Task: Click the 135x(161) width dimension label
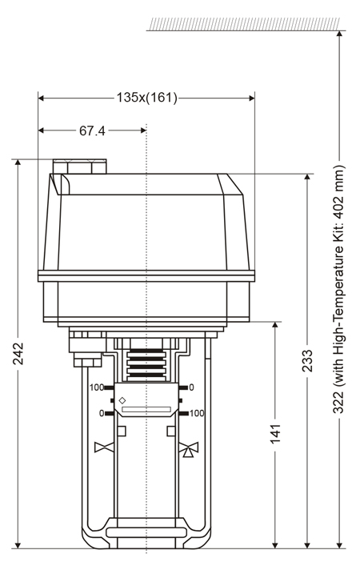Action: (146, 98)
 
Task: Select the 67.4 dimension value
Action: (92, 130)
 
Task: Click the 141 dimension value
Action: (275, 434)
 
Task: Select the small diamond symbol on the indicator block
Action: (122, 399)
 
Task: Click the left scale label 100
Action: (97, 388)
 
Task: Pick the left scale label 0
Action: (101, 413)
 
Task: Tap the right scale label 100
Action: (197, 413)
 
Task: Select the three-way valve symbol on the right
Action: (189, 449)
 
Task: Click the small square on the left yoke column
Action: (122, 432)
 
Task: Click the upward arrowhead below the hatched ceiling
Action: (341, 37)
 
